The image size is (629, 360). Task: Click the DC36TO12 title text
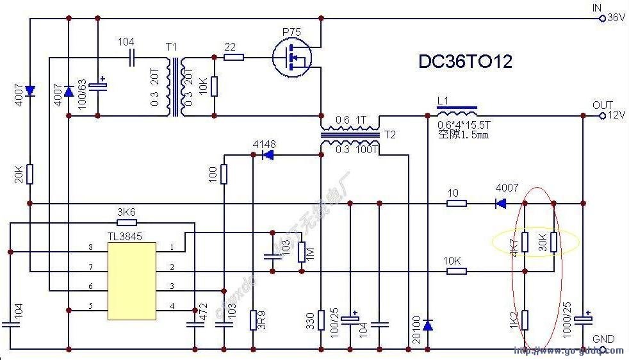(465, 61)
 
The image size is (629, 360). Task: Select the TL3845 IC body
(132, 281)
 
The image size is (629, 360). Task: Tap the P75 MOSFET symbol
(291, 58)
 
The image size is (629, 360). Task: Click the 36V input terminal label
(616, 18)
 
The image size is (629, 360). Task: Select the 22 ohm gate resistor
(233, 58)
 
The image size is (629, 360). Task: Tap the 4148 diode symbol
(268, 155)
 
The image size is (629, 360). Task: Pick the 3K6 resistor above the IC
(127, 223)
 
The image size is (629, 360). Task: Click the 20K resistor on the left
(29, 174)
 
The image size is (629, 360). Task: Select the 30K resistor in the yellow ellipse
(554, 241)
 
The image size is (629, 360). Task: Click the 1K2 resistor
(525, 319)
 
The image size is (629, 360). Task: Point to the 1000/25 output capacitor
(584, 318)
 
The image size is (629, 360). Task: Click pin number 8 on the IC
(91, 247)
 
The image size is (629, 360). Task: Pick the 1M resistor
(301, 253)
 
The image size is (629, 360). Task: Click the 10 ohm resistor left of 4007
(456, 204)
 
